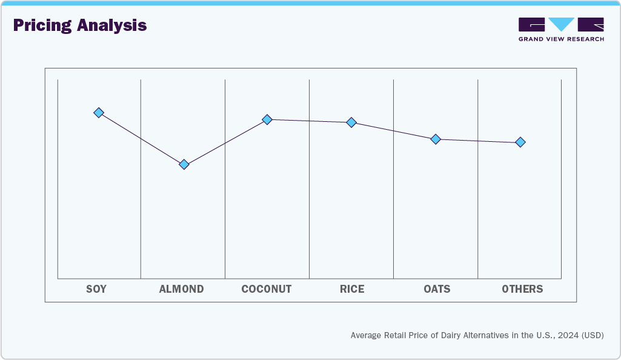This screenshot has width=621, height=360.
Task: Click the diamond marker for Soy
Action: pos(99,113)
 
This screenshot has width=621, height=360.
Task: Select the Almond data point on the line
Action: pos(184,164)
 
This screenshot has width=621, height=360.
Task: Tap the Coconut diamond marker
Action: pos(267,119)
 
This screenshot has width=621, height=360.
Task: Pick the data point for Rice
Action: pos(351,122)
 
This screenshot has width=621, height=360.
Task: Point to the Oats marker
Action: pos(435,139)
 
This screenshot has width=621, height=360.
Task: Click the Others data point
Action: pos(520,142)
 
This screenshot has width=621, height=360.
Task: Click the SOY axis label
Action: pos(96,289)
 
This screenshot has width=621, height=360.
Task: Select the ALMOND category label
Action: pos(181,289)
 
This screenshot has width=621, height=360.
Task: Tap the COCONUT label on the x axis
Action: pos(266,289)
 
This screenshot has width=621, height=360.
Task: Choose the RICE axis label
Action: pos(352,289)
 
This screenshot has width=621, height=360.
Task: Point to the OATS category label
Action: pos(437,289)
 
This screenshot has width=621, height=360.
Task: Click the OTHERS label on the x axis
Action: pos(522,289)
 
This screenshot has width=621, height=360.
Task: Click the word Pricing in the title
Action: pos(42,25)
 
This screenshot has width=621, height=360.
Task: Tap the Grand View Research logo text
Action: pos(561,39)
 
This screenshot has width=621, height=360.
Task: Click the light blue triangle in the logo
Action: pos(562,24)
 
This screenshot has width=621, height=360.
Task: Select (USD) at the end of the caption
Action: pos(593,335)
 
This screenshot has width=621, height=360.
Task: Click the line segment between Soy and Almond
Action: pos(142,139)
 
